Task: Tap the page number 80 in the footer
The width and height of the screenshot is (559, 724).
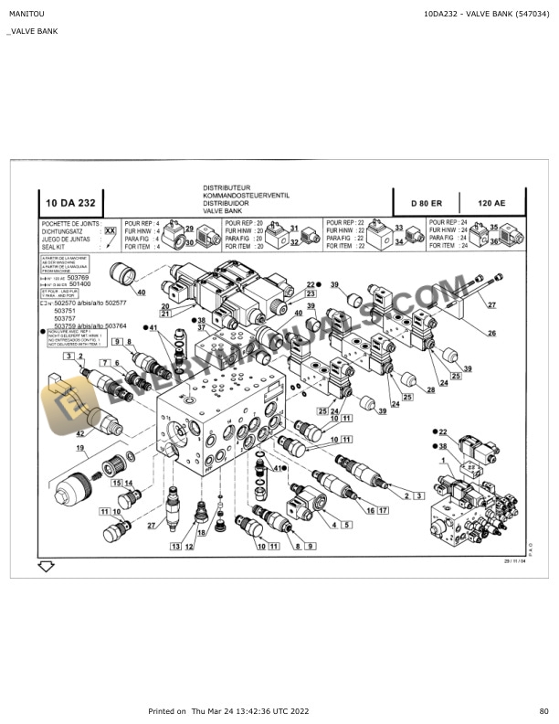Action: pyautogui.click(x=543, y=711)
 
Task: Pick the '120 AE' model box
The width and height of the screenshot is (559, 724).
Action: pyautogui.click(x=492, y=203)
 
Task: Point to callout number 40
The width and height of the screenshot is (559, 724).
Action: pyautogui.click(x=141, y=293)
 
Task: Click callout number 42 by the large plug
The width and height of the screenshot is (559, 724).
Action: pyautogui.click(x=79, y=433)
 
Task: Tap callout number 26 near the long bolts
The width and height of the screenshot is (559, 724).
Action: pyautogui.click(x=490, y=333)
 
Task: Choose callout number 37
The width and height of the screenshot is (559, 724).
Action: pyautogui.click(x=201, y=328)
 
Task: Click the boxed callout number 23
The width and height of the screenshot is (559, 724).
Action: pyautogui.click(x=311, y=294)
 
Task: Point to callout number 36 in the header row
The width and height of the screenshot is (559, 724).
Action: pyautogui.click(x=494, y=241)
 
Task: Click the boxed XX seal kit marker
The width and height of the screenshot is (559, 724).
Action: pyautogui.click(x=110, y=233)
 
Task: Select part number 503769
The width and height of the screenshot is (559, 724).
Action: pyautogui.click(x=80, y=277)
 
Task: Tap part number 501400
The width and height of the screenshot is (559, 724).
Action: pyautogui.click(x=80, y=284)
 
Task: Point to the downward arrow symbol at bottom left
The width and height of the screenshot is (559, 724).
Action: pyautogui.click(x=45, y=567)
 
